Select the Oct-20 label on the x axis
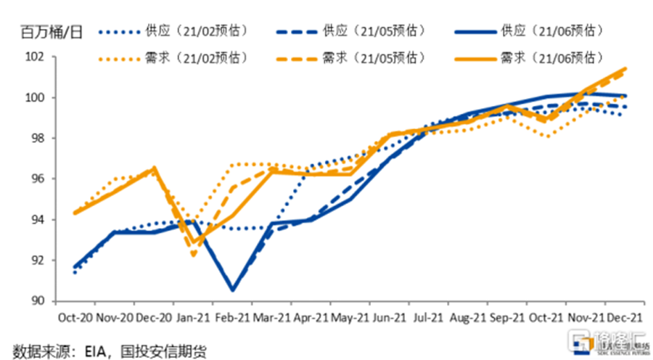click(x=75, y=319)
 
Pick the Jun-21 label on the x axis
click(x=390, y=319)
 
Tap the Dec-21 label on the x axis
click(x=625, y=319)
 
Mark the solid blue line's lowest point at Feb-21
click(x=233, y=290)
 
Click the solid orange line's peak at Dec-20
click(x=154, y=168)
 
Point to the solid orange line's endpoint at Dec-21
click(x=625, y=69)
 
